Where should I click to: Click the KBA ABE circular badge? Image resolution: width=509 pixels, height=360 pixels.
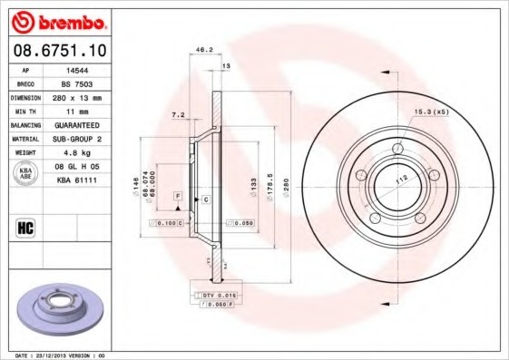tap(26, 173)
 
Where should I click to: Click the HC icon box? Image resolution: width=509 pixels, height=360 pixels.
tap(25, 228)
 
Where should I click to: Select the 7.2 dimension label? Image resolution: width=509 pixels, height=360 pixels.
tap(178, 115)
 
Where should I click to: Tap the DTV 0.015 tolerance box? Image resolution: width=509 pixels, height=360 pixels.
tap(216, 296)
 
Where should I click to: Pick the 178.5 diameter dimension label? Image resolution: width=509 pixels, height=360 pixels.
tap(269, 176)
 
